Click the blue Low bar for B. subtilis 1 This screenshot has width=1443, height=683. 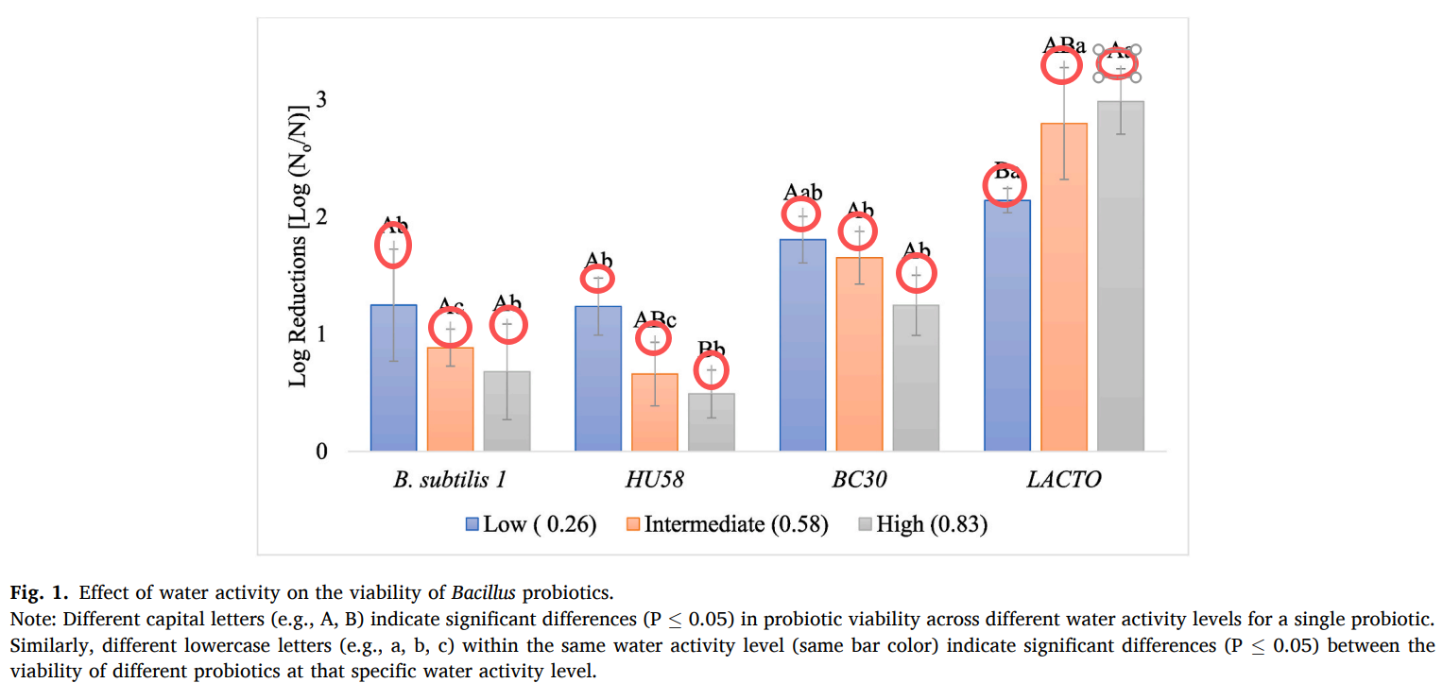click(x=393, y=378)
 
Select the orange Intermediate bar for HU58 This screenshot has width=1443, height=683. click(x=654, y=413)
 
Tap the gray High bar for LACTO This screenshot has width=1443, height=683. click(x=1121, y=276)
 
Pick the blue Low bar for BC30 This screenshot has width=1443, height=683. click(x=802, y=345)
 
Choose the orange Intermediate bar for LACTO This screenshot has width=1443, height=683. click(x=1064, y=287)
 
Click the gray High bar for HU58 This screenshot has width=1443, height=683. click(x=712, y=422)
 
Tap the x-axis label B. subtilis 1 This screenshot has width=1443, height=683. click(x=450, y=480)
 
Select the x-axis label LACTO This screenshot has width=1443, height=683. click(x=1064, y=480)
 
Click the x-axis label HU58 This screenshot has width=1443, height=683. click(x=654, y=480)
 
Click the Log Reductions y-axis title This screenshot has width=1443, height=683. click(x=299, y=246)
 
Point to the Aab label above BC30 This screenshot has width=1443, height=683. click(x=803, y=192)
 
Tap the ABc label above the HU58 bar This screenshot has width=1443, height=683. click(x=656, y=319)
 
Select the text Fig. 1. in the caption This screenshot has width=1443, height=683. click(x=39, y=593)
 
